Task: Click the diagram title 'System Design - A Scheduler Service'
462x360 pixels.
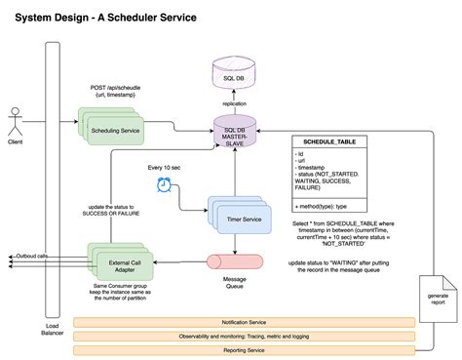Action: [x=105, y=18]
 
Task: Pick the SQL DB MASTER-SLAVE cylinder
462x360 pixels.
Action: [x=234, y=134]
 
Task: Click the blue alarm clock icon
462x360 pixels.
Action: [x=168, y=185]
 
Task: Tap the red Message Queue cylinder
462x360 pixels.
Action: [x=233, y=263]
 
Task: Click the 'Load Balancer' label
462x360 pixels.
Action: [x=52, y=330]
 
